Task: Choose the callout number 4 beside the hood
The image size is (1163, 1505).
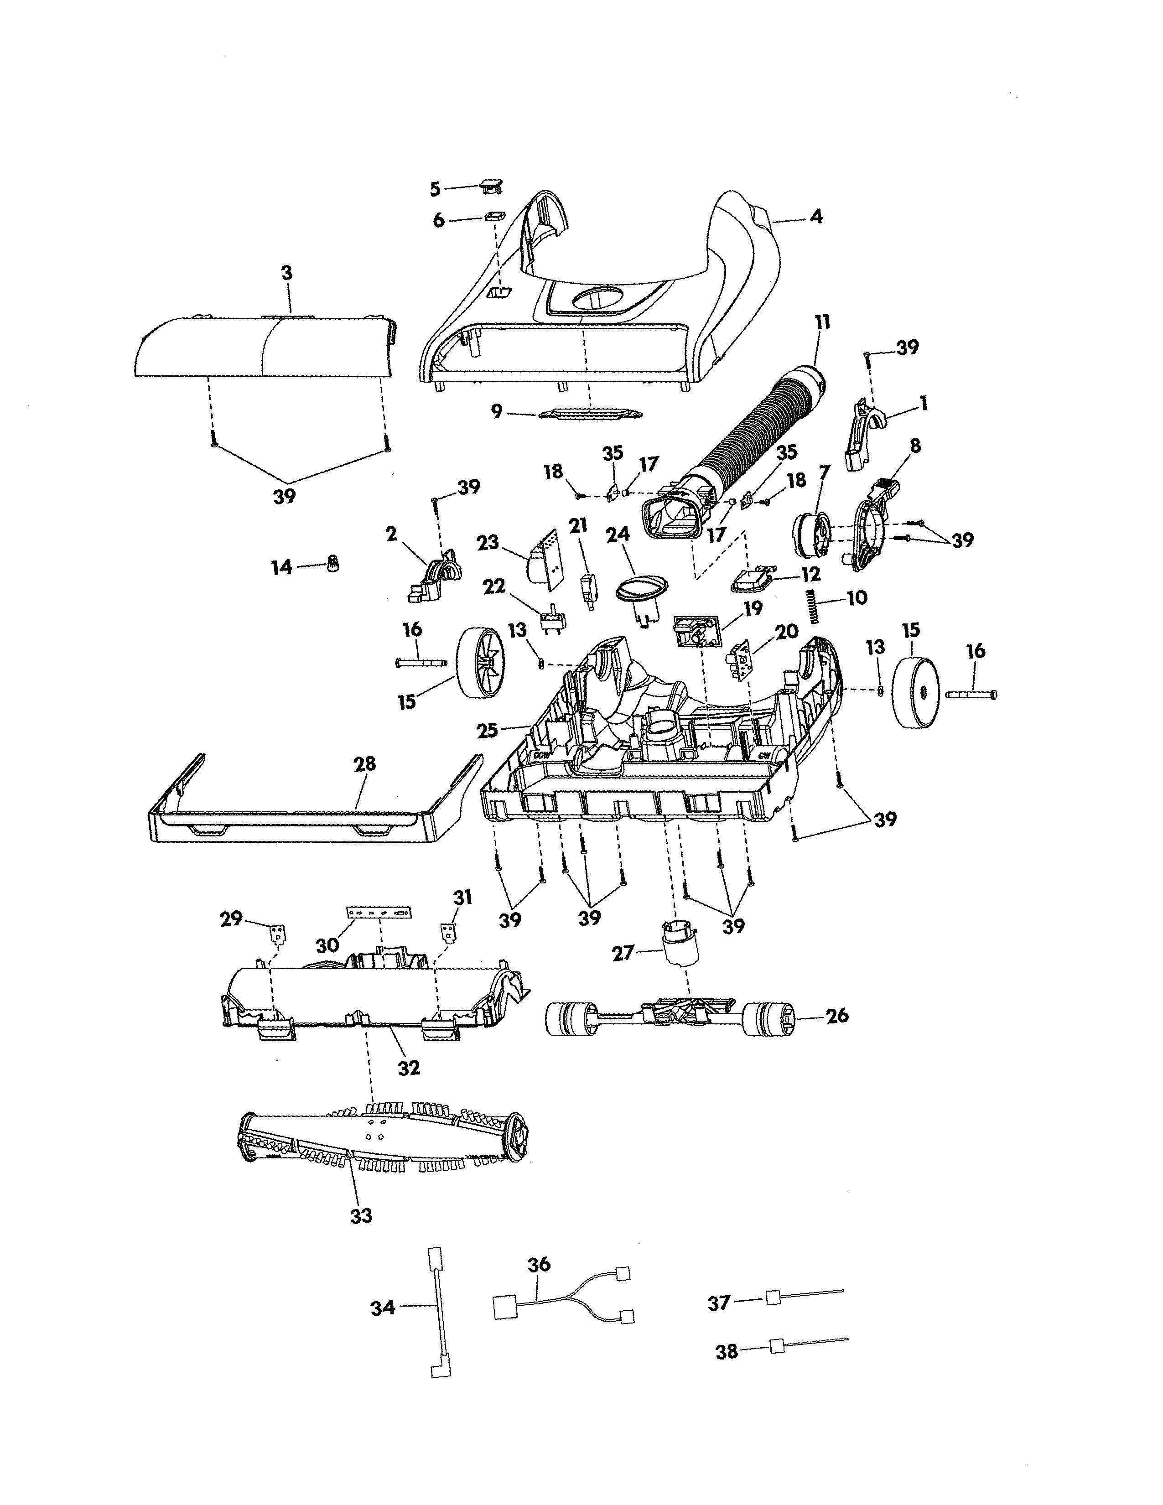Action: point(816,216)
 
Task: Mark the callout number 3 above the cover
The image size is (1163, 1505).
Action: point(286,273)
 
